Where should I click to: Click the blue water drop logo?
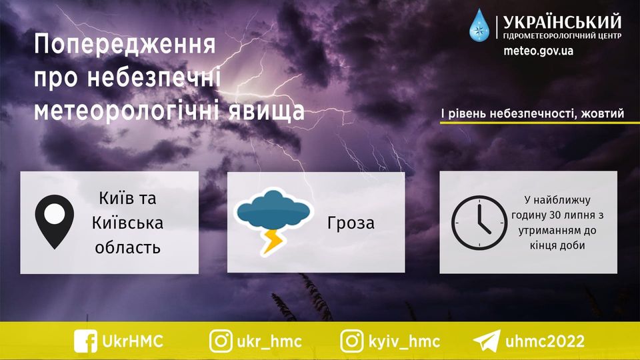point(479,26)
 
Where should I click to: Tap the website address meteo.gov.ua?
point(538,51)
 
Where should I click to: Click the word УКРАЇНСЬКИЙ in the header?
point(562,22)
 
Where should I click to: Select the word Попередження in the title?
point(125,45)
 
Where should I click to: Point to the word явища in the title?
point(266,111)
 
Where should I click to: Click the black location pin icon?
point(54,221)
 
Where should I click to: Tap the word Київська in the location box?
point(127,223)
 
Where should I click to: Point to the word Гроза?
point(351,223)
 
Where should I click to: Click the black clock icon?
point(479,223)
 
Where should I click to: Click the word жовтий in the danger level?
point(603,113)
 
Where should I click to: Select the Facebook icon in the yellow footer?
point(86,341)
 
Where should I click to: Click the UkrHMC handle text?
point(133,341)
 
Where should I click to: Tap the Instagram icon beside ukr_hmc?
point(221,341)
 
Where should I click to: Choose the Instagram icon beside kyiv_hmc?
point(352,341)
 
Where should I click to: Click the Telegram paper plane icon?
point(487,341)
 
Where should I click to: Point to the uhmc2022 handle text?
point(545,341)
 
